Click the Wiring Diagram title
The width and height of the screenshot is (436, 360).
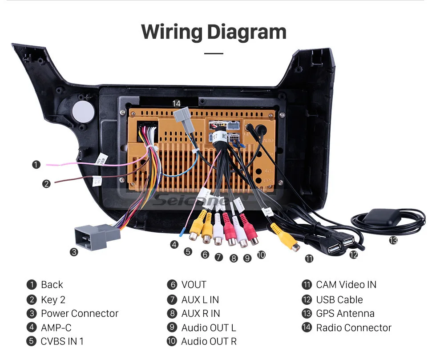[214, 32]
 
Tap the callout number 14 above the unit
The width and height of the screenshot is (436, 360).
[177, 103]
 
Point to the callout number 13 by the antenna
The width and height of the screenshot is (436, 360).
[393, 240]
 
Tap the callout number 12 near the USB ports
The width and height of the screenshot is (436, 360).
[353, 255]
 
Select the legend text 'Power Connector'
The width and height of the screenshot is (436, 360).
[80, 313]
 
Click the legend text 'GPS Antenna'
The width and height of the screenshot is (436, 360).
[345, 313]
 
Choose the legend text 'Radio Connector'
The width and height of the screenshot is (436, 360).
[354, 328]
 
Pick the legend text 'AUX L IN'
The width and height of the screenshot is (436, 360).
[200, 300]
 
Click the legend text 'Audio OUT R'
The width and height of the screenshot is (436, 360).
[209, 341]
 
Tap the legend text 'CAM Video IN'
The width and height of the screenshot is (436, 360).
[346, 285]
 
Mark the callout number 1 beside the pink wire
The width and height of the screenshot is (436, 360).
[36, 165]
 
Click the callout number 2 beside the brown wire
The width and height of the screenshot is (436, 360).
[46, 183]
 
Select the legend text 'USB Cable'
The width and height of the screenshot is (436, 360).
[339, 299]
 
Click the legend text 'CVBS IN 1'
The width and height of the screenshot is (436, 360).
[62, 341]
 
